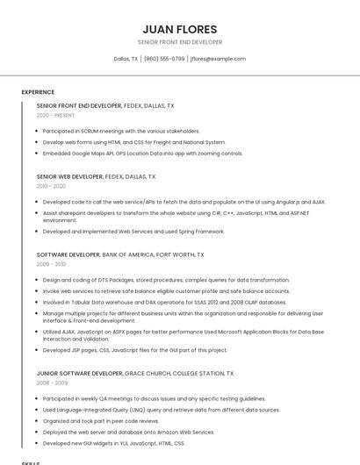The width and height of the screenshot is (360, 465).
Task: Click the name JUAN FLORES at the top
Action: tap(180, 29)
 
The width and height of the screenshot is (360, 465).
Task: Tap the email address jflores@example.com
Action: tap(218, 59)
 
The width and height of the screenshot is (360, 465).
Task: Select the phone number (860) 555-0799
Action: tap(164, 59)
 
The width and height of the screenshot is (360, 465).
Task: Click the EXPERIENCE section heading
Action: tap(38, 92)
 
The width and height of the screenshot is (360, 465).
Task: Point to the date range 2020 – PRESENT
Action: tap(56, 115)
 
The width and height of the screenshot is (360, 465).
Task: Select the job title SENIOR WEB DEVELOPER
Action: tap(69, 176)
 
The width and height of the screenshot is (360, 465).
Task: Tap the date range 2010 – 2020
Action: tap(51, 186)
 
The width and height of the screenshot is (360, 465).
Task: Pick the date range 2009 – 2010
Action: tap(51, 264)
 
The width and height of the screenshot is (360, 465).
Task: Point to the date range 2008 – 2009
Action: tap(51, 383)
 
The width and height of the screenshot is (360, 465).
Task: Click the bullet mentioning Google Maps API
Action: tap(142, 154)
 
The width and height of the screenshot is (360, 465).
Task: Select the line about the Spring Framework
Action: tap(133, 232)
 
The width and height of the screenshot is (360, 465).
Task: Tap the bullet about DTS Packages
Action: tap(154, 280)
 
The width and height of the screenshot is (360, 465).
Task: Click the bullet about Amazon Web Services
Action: tap(128, 432)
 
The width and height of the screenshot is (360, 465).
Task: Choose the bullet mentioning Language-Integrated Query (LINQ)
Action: tap(161, 410)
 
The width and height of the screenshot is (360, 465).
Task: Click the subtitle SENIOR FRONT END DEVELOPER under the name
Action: tap(180, 42)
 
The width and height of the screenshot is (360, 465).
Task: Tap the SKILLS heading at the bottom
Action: tap(31, 461)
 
